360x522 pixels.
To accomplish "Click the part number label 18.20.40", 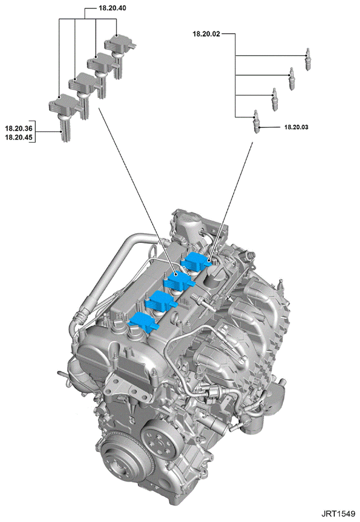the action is [112, 8].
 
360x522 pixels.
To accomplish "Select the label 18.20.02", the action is [206, 34].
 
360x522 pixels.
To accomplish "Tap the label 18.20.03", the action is [296, 127].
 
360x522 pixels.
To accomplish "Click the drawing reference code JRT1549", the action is [338, 514].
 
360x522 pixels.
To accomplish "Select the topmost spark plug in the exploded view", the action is [308, 59].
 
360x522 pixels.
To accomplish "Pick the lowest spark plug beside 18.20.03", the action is [256, 121].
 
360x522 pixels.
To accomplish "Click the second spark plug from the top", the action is [292, 78].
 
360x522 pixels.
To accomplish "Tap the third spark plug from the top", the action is [275, 99].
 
